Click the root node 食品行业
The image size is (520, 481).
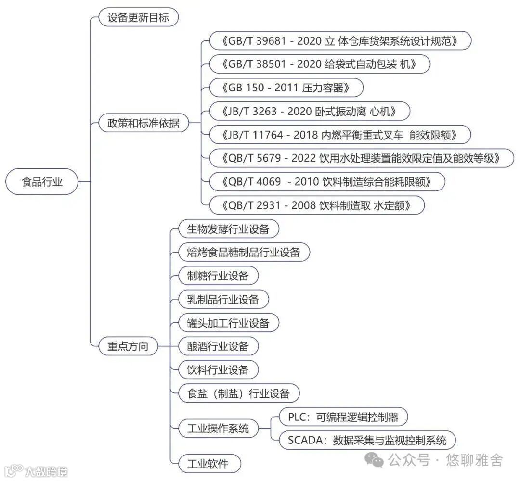[42, 182]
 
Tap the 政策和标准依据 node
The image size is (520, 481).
[143, 123]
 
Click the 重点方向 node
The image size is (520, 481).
[128, 346]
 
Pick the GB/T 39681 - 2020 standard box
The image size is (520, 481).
[340, 41]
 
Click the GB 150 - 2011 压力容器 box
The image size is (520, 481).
[286, 88]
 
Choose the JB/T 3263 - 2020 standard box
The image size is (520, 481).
[310, 112]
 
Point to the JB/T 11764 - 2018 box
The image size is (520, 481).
[340, 135]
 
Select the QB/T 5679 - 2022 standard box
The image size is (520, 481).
[361, 158]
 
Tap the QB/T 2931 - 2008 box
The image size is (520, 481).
[317, 205]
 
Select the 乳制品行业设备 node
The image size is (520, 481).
[223, 300]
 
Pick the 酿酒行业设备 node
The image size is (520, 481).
[218, 346]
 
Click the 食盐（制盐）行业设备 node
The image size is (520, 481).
[239, 394]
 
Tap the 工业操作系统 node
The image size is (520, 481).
[218, 428]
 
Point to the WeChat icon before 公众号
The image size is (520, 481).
[374, 460]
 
